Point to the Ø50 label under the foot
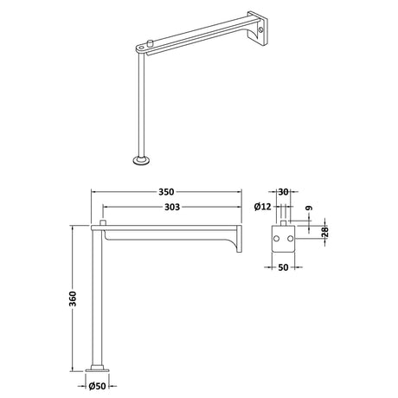coord(98,388)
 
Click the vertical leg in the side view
coord(98,294)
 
